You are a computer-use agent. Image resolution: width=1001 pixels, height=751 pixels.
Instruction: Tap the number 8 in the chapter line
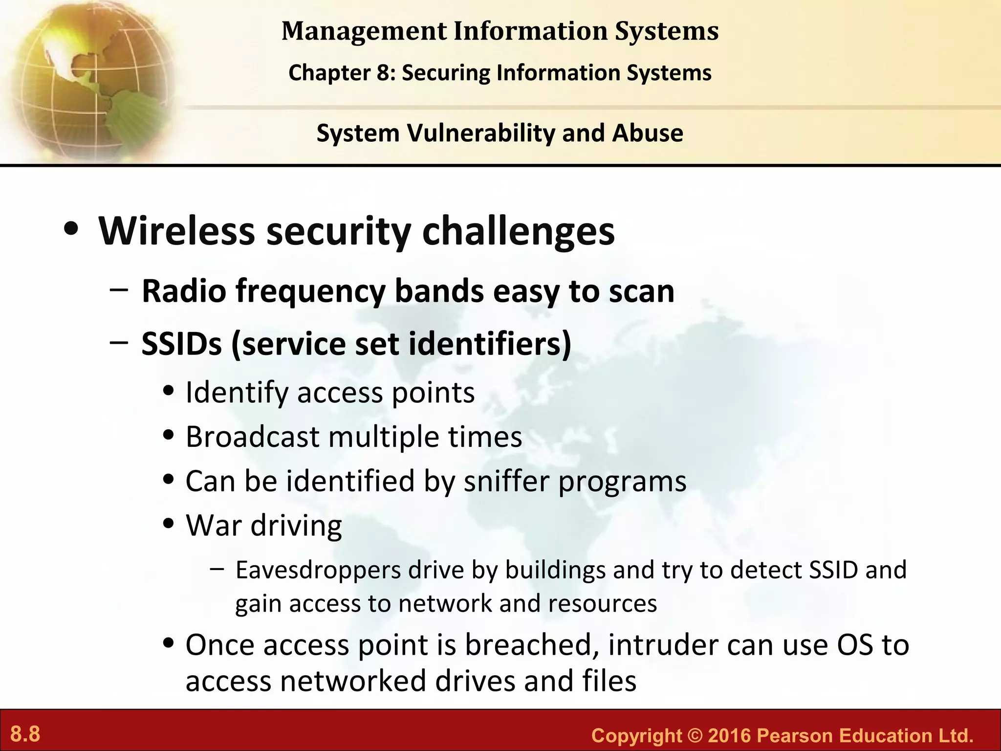pos(382,73)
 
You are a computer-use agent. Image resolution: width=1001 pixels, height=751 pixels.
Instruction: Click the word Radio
pos(184,291)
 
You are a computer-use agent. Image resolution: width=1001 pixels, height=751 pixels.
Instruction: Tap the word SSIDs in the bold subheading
pos(181,344)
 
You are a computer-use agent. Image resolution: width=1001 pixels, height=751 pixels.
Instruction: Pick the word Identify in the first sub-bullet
pos(237,393)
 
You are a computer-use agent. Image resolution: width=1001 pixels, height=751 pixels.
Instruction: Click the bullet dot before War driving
pos(169,525)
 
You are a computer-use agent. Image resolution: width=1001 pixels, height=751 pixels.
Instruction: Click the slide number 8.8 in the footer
pos(25,734)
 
